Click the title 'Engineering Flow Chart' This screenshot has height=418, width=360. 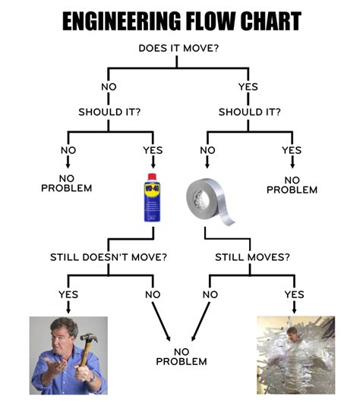tap(180, 20)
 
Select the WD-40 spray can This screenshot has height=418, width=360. tap(152, 199)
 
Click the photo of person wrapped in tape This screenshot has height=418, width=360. tap(295, 355)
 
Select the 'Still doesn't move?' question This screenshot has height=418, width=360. tap(109, 256)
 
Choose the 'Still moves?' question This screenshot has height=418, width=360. tap(251, 256)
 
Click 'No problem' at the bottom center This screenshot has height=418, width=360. tap(181, 356)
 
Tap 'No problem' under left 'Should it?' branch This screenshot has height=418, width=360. tap(66, 183)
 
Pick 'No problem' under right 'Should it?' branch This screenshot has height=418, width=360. tap(292, 184)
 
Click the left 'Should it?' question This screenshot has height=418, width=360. tap(109, 112)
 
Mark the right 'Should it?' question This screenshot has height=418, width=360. tap(249, 112)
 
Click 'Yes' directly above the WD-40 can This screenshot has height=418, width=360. tap(153, 149)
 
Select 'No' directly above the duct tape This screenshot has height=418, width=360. tap(207, 149)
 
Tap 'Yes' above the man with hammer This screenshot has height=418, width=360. tap(68, 294)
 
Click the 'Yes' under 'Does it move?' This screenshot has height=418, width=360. tap(248, 86)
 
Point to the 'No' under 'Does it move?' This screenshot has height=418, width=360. tap(109, 86)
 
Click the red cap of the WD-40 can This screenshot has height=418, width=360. tap(152, 177)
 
